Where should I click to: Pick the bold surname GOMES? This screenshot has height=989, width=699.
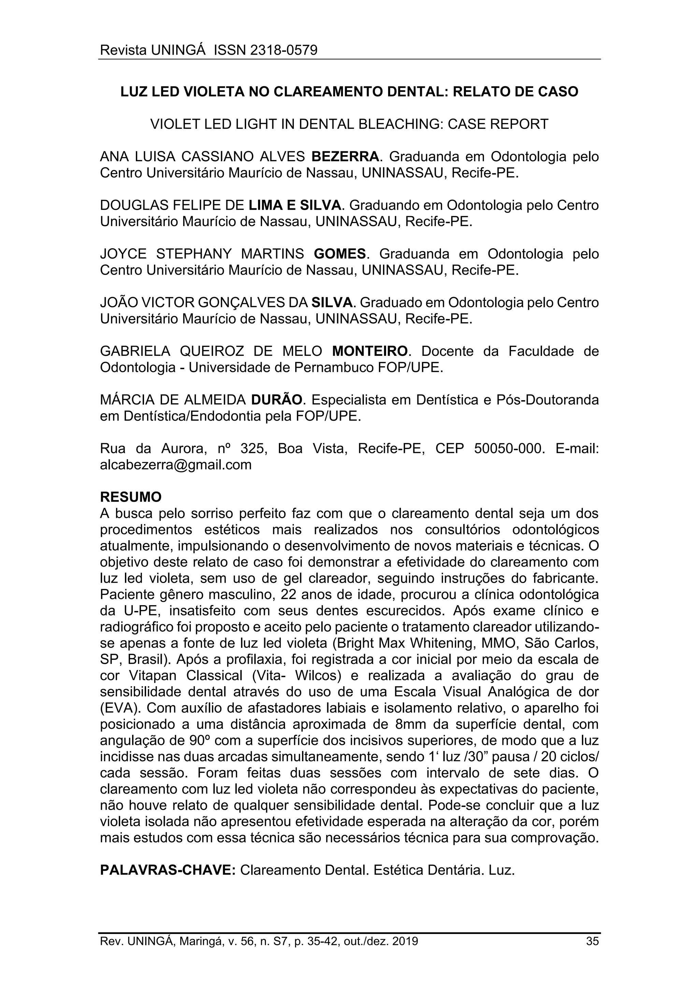(x=340, y=254)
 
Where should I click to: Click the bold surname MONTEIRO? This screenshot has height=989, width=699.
(x=369, y=351)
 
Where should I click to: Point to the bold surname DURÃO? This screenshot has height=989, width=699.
(x=277, y=400)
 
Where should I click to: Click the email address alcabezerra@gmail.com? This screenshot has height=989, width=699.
(x=176, y=465)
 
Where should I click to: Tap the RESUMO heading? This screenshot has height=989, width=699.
(x=130, y=497)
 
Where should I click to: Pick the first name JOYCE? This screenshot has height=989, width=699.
(x=123, y=254)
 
